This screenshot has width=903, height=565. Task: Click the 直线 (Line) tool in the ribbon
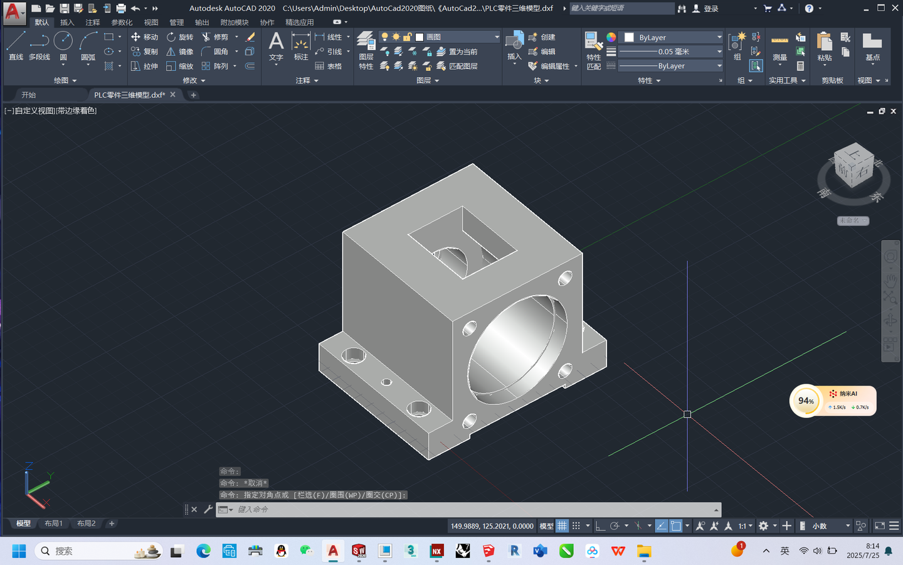16,46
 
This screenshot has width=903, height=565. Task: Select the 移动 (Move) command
144,37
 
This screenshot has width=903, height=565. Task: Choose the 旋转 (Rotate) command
180,37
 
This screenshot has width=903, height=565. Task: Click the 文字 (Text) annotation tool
276,47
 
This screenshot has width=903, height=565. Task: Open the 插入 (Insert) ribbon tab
67,22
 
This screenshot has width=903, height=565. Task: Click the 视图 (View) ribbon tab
151,22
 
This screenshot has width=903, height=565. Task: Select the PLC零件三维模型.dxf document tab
129,95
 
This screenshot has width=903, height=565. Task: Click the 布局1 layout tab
53,524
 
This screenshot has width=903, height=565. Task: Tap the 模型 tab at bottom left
23,524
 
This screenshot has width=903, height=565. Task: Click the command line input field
470,510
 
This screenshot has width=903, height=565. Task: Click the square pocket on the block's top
462,242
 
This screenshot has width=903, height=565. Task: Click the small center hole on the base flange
387,382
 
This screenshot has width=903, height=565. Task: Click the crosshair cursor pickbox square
687,414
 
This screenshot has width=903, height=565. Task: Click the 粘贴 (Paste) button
825,47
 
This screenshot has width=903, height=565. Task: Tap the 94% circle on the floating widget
806,401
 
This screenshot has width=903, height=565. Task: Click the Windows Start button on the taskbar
19,551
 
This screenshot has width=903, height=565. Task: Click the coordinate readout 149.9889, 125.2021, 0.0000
492,526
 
